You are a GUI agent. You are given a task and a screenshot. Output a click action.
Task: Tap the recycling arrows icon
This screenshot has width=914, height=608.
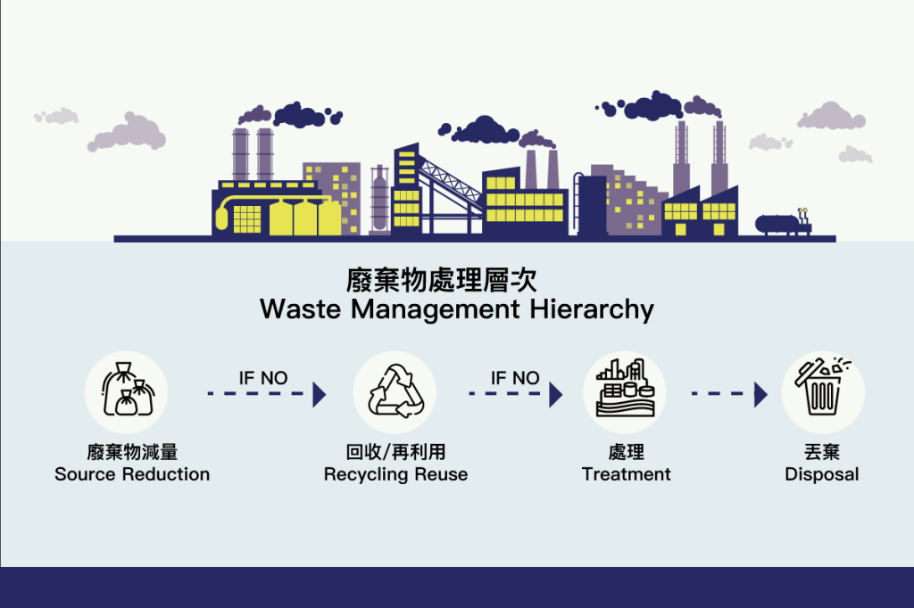pyautogui.click(x=395, y=391)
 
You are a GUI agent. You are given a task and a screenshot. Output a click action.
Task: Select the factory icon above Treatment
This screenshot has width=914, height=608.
pyautogui.click(x=625, y=388)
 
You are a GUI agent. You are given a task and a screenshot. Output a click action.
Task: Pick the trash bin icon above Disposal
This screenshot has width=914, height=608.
pyautogui.click(x=822, y=387)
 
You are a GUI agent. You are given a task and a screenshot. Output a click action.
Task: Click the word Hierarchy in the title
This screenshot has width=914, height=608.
pyautogui.click(x=592, y=310)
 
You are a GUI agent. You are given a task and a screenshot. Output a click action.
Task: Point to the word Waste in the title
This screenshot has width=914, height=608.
pyautogui.click(x=300, y=308)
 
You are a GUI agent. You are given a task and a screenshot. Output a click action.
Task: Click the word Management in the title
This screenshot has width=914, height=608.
pyautogui.click(x=435, y=310)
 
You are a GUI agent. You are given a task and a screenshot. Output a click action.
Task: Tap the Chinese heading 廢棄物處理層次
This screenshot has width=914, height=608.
pyautogui.click(x=441, y=280)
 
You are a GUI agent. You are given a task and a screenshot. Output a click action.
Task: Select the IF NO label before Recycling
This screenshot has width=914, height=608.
pyautogui.click(x=263, y=378)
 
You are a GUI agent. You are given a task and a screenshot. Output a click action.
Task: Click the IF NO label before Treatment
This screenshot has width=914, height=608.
pyautogui.click(x=515, y=378)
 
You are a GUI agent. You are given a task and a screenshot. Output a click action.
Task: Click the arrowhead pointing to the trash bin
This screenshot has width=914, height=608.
pyautogui.click(x=760, y=394)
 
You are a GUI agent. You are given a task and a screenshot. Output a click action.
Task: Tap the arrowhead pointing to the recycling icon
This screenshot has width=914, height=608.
pyautogui.click(x=320, y=394)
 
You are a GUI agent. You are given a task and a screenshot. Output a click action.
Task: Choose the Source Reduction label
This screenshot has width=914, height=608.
pyautogui.click(x=132, y=474)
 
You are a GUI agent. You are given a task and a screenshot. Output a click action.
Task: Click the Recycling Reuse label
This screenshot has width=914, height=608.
pyautogui.click(x=395, y=474)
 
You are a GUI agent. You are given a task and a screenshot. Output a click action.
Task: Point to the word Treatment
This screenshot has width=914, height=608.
pyautogui.click(x=626, y=474)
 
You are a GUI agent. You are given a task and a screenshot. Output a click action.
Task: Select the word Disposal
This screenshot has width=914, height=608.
pyautogui.click(x=822, y=474)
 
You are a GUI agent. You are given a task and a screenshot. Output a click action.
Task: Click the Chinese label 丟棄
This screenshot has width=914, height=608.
pyautogui.click(x=822, y=452)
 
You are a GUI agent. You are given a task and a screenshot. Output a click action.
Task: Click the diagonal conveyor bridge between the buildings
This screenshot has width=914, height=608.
pyautogui.click(x=450, y=181)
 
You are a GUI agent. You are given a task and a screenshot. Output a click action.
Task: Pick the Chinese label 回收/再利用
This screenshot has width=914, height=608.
pyautogui.click(x=395, y=452)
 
